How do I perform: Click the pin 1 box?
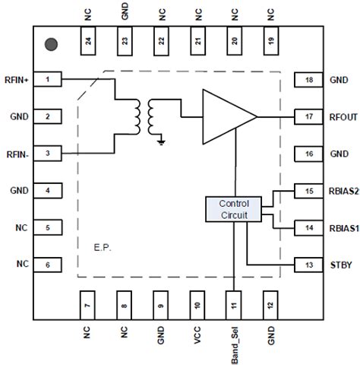(x=47, y=79)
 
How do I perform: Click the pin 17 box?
(x=308, y=116)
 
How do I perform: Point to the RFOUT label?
(x=343, y=116)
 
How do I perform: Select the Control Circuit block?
(x=238, y=210)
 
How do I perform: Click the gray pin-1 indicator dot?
(x=50, y=45)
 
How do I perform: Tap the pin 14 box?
(x=308, y=227)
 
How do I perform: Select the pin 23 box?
(x=124, y=44)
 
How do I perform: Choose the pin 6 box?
(x=47, y=264)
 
